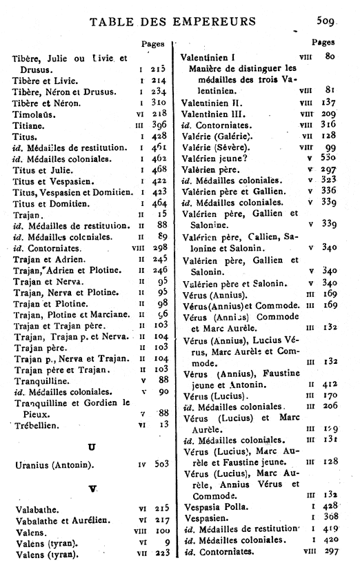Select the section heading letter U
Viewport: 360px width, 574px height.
point(91,447)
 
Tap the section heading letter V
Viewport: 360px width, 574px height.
point(92,489)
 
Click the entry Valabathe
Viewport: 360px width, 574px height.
point(35,509)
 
